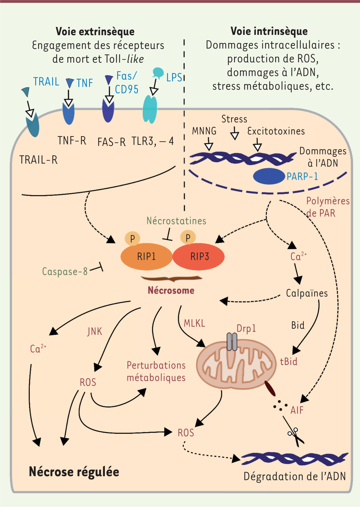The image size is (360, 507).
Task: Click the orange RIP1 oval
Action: [x=146, y=256]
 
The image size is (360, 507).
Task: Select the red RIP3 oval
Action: [x=199, y=256]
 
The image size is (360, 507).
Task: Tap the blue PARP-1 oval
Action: [x=269, y=176]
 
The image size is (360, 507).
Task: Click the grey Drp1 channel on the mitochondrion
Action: [x=232, y=342]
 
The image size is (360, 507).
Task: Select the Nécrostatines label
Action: [x=176, y=221]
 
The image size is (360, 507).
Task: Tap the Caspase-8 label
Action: [x=65, y=271]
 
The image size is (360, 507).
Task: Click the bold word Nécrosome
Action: [x=171, y=290]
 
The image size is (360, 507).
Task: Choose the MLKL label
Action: [x=194, y=323]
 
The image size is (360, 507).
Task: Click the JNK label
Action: [x=95, y=331]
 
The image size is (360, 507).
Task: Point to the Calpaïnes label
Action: [x=307, y=293]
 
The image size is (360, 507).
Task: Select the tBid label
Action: [x=289, y=362]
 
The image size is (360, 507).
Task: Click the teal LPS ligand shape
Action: [x=158, y=73]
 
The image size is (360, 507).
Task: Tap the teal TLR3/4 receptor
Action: [x=150, y=109]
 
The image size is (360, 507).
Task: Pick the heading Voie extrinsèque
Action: [x=95, y=32]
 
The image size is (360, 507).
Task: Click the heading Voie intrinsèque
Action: [x=269, y=31]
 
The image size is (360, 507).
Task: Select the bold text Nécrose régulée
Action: [x=74, y=472]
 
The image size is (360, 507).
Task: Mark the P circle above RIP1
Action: [x=132, y=238]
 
